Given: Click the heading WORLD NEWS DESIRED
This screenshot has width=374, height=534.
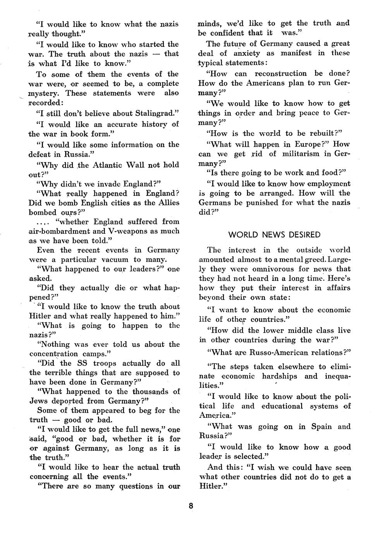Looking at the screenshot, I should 274,235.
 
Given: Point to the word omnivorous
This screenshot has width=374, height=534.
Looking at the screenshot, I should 272,269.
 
